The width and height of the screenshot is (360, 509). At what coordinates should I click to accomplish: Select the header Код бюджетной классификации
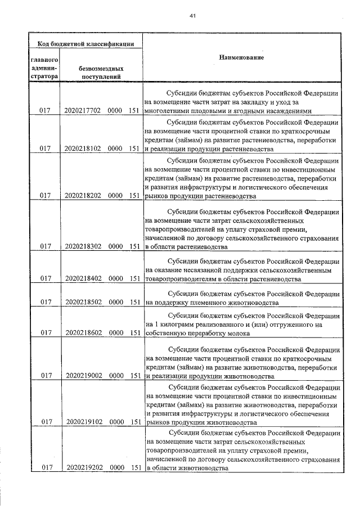85,43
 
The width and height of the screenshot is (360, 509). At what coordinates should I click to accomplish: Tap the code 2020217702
82,111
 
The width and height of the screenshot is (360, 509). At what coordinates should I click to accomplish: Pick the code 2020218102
82,149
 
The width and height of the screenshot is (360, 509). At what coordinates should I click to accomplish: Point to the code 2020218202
82,196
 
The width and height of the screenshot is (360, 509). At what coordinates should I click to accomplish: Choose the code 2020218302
82,246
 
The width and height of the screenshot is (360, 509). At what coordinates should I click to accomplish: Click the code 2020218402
82,278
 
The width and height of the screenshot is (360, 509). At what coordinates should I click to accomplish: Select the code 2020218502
82,302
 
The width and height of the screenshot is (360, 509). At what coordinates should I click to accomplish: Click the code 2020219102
82,421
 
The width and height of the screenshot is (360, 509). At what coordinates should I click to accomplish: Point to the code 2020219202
82,468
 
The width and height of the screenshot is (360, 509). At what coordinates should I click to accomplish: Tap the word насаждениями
284,111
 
